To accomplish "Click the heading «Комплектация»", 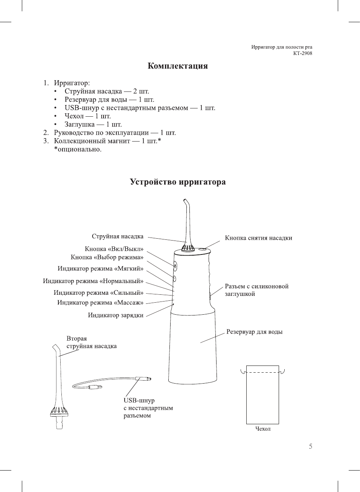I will coord(177,66).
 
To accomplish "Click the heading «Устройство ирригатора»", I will coord(177,182).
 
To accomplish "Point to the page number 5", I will coord(310,446).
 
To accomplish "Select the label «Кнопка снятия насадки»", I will coord(258,238).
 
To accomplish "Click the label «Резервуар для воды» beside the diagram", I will coord(254,332).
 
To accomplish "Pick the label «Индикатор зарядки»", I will coord(116,315).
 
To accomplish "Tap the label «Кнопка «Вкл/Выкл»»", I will coord(114,249).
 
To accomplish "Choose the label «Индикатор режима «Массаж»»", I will coord(100,303).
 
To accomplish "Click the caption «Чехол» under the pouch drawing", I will coord(263,429).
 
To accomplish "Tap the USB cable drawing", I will coord(113,383).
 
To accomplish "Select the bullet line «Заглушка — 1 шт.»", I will coord(93,125).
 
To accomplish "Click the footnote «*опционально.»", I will coord(78,149).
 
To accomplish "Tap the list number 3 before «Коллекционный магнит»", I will coord(46,141).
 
